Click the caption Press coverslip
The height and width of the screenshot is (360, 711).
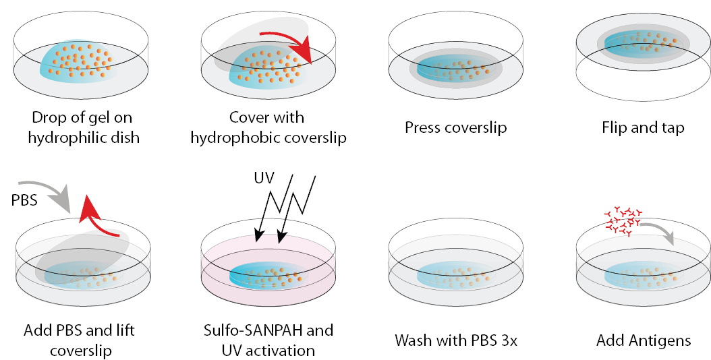coord(455,127)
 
